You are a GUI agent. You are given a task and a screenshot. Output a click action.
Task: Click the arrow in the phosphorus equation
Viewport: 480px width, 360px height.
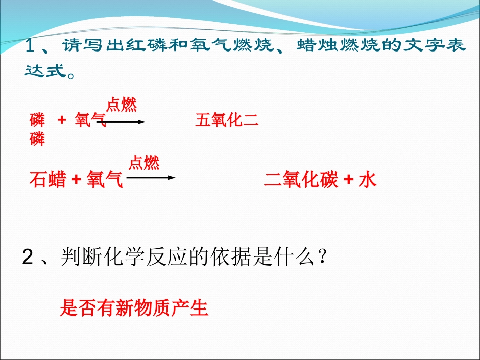click(125, 122)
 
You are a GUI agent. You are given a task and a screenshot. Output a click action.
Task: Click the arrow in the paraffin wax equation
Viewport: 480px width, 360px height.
click(151, 178)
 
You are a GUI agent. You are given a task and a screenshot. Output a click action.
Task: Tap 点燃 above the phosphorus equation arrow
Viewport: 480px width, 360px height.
click(121, 105)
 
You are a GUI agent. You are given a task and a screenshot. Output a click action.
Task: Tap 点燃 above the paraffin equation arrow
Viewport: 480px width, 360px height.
click(144, 163)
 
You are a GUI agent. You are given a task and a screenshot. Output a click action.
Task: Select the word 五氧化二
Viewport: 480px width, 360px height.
click(227, 121)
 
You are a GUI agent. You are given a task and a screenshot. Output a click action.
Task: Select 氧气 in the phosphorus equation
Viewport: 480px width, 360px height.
click(90, 121)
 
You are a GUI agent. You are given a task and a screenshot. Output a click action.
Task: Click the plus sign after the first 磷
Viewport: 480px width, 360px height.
click(62, 121)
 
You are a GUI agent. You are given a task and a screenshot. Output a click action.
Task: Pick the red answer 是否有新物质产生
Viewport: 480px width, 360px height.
click(134, 307)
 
